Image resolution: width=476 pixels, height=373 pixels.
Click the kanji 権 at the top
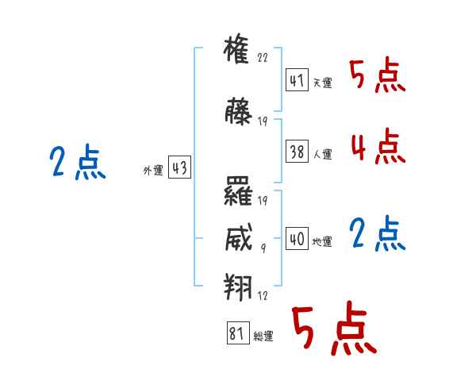[236, 48]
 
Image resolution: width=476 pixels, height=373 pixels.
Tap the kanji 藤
[238, 111]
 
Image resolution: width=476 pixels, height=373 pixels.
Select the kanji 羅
[238, 190]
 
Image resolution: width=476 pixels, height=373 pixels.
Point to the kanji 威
[239, 237]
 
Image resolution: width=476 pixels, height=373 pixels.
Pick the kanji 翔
[238, 286]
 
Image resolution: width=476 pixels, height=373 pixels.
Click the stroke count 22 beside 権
[263, 57]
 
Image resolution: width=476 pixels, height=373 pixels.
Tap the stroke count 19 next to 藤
[263, 121]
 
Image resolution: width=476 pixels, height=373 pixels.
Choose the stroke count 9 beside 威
[263, 248]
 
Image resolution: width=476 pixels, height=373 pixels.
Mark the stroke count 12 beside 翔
[263, 295]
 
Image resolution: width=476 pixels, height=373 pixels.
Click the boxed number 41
[297, 79]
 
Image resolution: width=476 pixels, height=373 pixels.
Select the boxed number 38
[297, 151]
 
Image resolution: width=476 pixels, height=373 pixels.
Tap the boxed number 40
[297, 238]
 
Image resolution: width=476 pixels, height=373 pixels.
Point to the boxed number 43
[179, 167]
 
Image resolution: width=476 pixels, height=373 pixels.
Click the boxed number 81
[238, 333]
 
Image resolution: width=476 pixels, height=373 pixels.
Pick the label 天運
[323, 83]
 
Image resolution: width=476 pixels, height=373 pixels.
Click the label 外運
[153, 171]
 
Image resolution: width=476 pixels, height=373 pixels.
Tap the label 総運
[263, 336]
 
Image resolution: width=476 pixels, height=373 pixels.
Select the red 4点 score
[378, 147]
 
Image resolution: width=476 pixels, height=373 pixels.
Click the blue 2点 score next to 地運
[377, 234]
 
